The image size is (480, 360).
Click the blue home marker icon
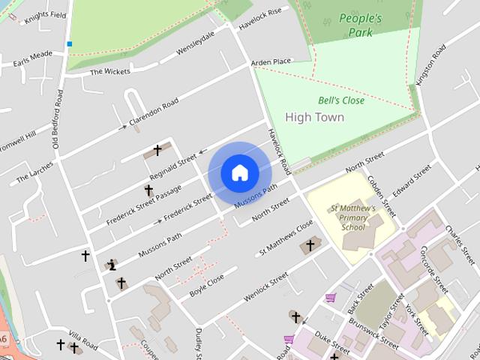tap(240, 172)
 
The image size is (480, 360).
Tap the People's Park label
tap(360, 25)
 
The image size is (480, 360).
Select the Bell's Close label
tap(341, 100)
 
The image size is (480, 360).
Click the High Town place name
tap(315, 117)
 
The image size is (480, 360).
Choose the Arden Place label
tap(271, 61)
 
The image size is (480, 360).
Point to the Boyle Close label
tap(206, 286)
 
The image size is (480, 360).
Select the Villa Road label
tap(83, 338)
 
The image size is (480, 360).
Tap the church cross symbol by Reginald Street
tap(157, 150)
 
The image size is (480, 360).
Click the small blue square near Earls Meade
tap(70, 44)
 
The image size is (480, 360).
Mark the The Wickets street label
tap(110, 71)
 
